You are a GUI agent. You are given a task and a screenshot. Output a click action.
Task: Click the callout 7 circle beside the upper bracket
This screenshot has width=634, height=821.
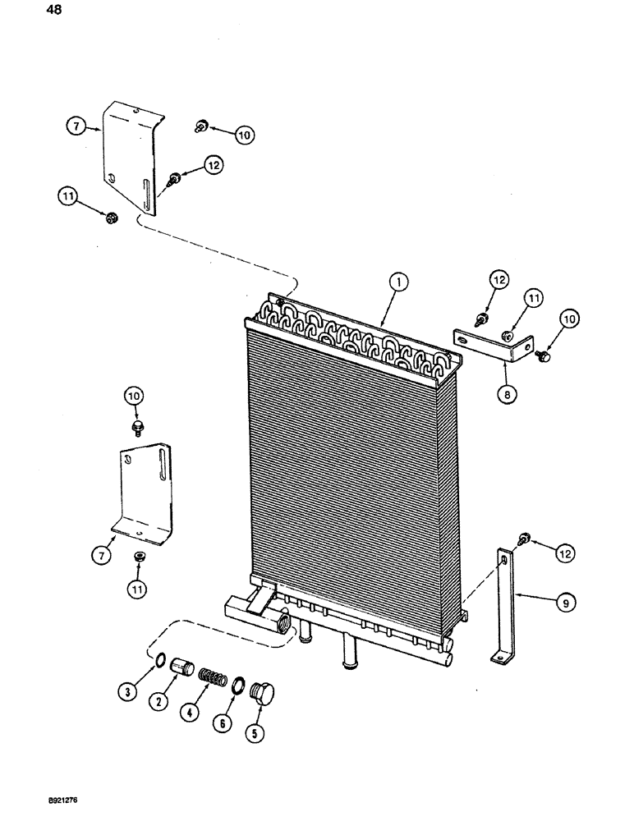[76, 126]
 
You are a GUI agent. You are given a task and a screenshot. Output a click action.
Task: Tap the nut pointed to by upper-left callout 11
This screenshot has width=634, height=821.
[113, 218]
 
